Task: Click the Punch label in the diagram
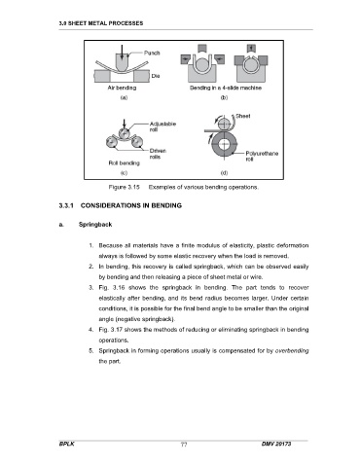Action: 152,53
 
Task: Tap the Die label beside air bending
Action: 156,76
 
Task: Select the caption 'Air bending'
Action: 122,88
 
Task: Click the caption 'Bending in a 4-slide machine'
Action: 226,88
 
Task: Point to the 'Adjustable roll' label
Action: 162,126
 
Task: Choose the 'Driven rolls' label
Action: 158,154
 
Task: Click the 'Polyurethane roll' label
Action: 262,156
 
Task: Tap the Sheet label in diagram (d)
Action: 243,116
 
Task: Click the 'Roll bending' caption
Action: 124,163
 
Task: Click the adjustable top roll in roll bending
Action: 124,133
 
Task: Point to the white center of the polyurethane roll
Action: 224,145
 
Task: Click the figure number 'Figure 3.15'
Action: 124,187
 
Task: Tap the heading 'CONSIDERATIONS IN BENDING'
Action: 131,205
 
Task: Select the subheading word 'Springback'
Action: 95,225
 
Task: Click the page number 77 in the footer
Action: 184,445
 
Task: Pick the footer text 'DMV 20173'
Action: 276,444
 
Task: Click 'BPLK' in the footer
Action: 67,444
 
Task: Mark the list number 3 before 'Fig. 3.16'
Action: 91,288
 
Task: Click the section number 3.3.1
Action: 66,205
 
